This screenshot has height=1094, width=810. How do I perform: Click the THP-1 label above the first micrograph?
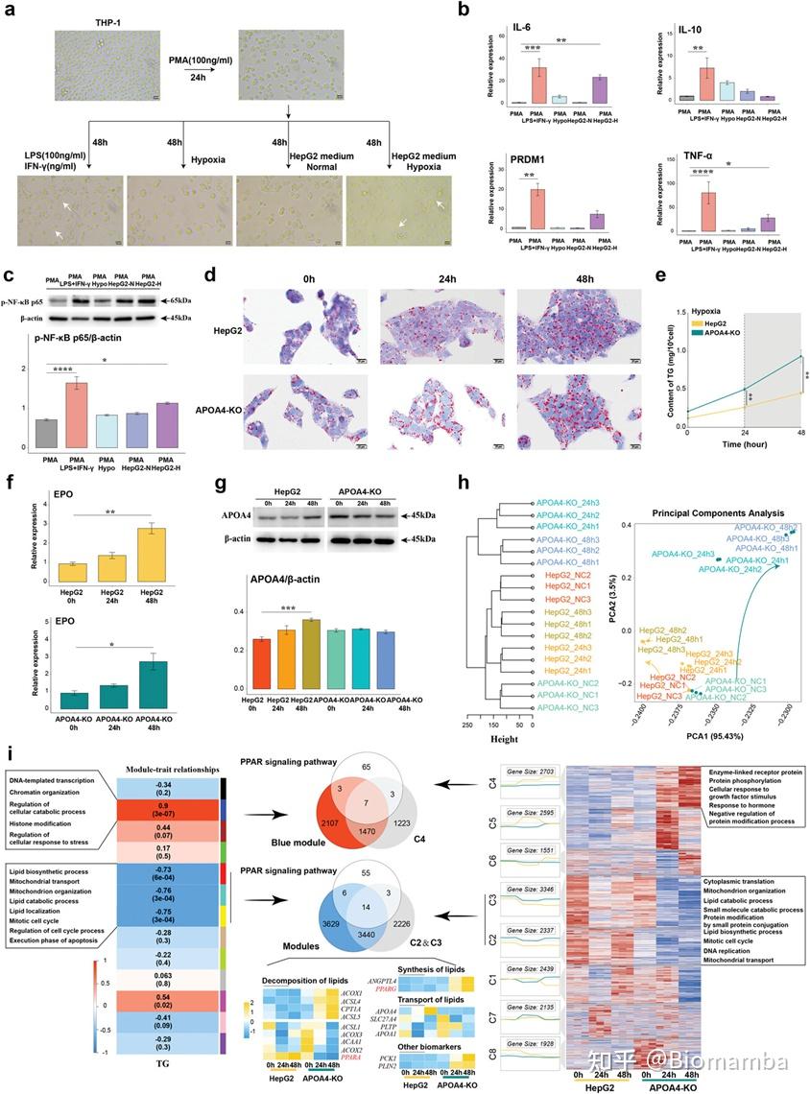pyautogui.click(x=102, y=21)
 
